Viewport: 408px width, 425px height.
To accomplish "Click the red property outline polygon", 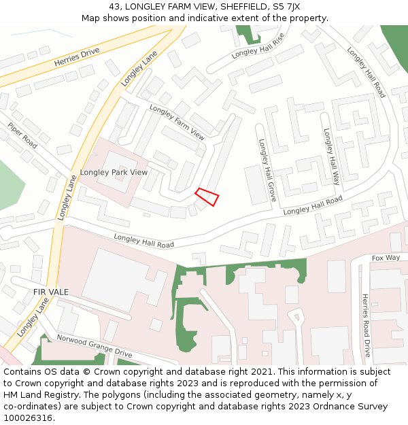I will [207, 197].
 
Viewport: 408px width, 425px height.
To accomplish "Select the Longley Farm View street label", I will [177, 122].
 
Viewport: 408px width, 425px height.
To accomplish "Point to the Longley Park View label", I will [114, 172].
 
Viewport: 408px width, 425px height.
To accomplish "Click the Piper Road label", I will [22, 135].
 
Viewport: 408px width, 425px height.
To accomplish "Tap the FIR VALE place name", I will [51, 292].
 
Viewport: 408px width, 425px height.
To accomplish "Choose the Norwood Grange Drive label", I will [94, 346].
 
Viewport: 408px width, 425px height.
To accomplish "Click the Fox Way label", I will [386, 258].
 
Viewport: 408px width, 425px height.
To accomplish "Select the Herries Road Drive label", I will [366, 325].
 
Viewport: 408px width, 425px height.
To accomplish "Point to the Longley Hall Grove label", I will [267, 171].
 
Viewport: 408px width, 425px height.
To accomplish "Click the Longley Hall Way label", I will [331, 157].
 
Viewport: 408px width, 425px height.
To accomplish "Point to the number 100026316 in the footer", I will [27, 418].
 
